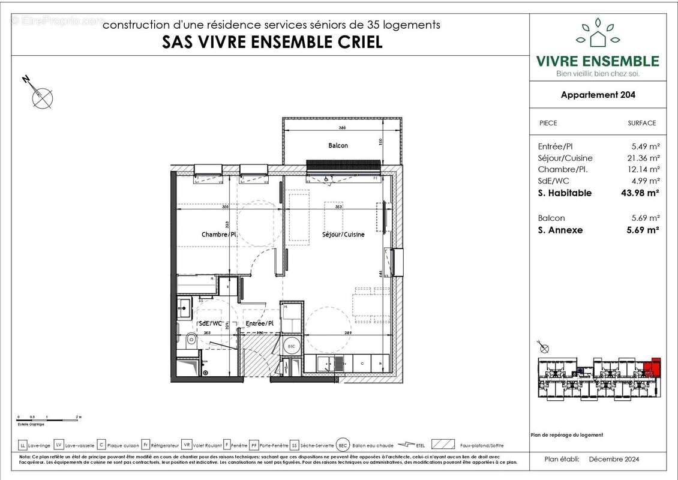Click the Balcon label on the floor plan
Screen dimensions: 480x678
(338, 145)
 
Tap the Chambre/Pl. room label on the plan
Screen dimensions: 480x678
(220, 235)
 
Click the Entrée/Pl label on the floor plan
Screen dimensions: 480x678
(260, 324)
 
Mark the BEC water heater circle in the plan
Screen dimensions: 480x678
(292, 347)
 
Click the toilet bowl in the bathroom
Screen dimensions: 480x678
(190, 341)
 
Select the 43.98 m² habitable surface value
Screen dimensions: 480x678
(639, 193)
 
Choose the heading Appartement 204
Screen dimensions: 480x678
(598, 95)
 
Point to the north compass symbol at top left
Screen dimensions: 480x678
(41, 96)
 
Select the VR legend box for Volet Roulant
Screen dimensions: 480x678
(187, 445)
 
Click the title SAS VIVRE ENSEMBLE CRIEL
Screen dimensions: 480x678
(272, 42)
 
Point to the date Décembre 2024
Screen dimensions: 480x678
(614, 460)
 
